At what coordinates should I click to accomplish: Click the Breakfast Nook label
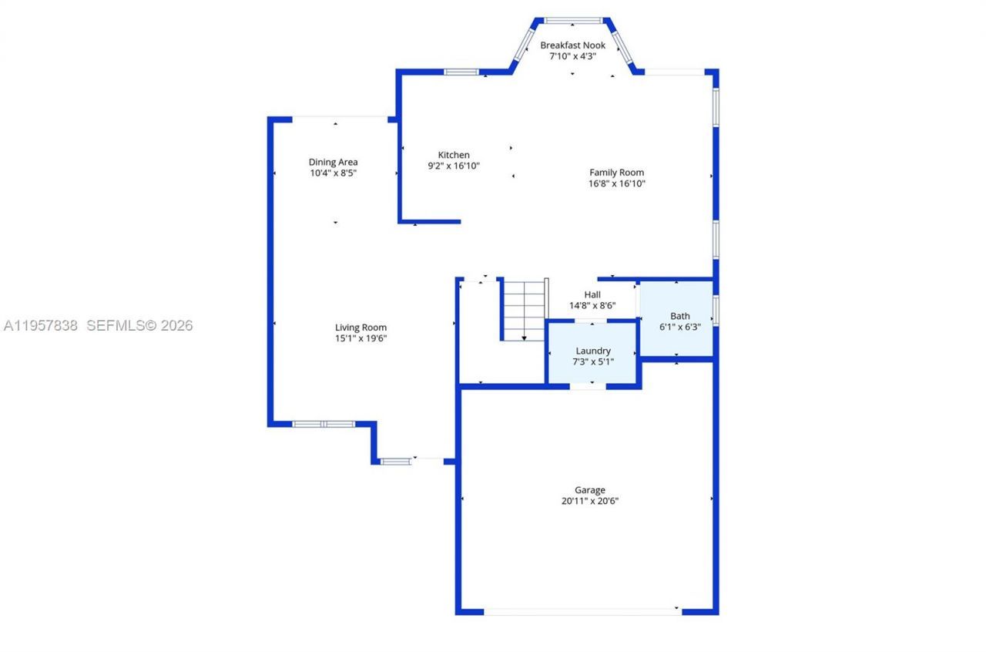tap(572, 45)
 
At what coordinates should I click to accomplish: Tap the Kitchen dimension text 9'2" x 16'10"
tap(454, 166)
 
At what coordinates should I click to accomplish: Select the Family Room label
tap(616, 172)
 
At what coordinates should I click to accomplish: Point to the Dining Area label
tap(333, 162)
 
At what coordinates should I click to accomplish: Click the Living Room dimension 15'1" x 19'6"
tap(361, 338)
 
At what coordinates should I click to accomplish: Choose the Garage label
tap(589, 489)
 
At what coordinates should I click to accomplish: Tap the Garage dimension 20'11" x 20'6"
tap(589, 501)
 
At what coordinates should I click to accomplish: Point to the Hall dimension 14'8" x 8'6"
tap(592, 305)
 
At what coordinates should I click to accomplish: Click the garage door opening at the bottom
tap(582, 612)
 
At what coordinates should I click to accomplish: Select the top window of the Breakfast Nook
tap(573, 21)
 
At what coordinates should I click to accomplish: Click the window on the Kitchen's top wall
tap(461, 72)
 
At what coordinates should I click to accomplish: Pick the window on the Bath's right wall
tap(716, 311)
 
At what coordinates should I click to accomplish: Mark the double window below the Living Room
tap(324, 424)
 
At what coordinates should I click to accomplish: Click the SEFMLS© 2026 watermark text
tap(139, 326)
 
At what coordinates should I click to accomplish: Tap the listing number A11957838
tap(41, 326)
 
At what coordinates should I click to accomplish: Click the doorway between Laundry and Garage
tap(587, 385)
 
